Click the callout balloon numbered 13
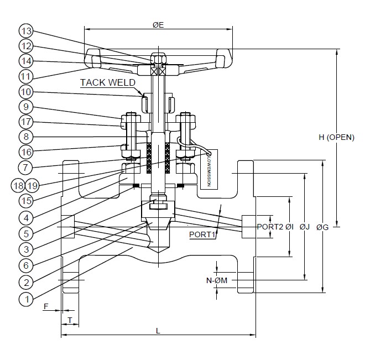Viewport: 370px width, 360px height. tap(26, 30)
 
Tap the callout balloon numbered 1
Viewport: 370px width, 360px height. tap(26, 300)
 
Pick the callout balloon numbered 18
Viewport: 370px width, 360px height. tap(18, 185)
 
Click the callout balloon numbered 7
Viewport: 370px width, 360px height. tap(26, 166)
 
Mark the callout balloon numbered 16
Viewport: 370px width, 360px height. tap(26, 151)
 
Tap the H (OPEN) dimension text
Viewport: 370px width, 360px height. tap(337, 138)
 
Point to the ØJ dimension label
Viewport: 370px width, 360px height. tap(305, 227)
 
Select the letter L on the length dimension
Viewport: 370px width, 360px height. tap(158, 330)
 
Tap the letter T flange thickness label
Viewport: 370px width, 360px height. tap(70, 320)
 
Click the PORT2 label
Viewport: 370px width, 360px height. tap(270, 227)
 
